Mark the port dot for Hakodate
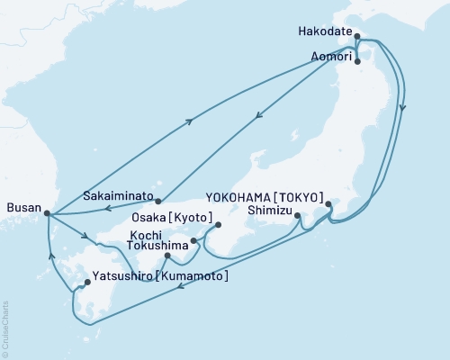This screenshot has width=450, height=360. pyautogui.click(x=358, y=38)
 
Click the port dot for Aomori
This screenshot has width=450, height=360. pyautogui.click(x=358, y=62)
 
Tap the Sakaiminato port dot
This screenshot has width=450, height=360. pyautogui.click(x=157, y=201)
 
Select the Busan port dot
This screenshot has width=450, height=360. pyautogui.click(x=47, y=213)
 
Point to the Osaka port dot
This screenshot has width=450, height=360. pyautogui.click(x=218, y=225)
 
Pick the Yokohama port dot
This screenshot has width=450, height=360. pyautogui.click(x=328, y=204)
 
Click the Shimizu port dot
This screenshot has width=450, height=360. pyautogui.click(x=297, y=216)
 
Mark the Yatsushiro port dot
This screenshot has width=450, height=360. pyautogui.click(x=86, y=283)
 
